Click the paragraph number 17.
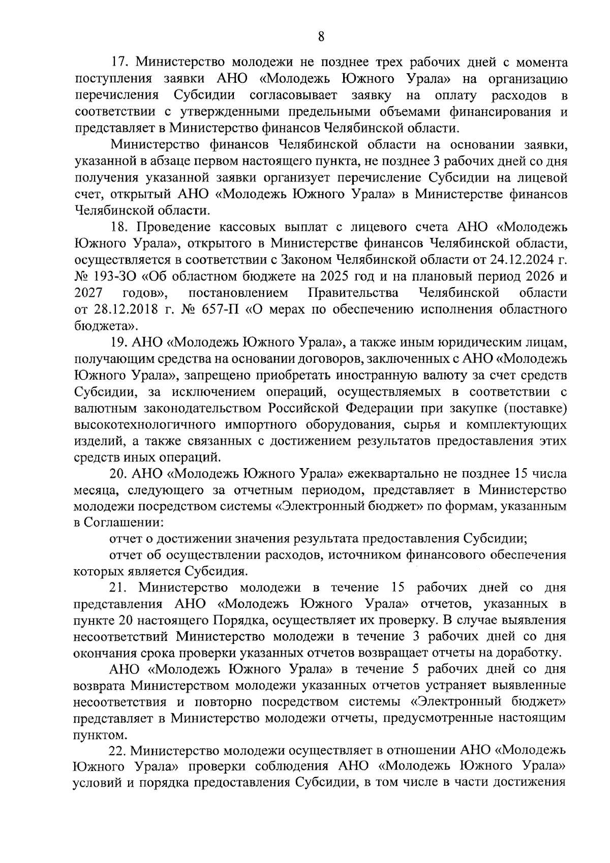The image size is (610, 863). (121, 63)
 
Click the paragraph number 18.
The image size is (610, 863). (121, 228)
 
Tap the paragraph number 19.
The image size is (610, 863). (121, 342)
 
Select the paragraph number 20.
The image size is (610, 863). (121, 473)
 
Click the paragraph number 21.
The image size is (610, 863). (121, 588)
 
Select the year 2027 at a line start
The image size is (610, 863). (89, 293)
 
